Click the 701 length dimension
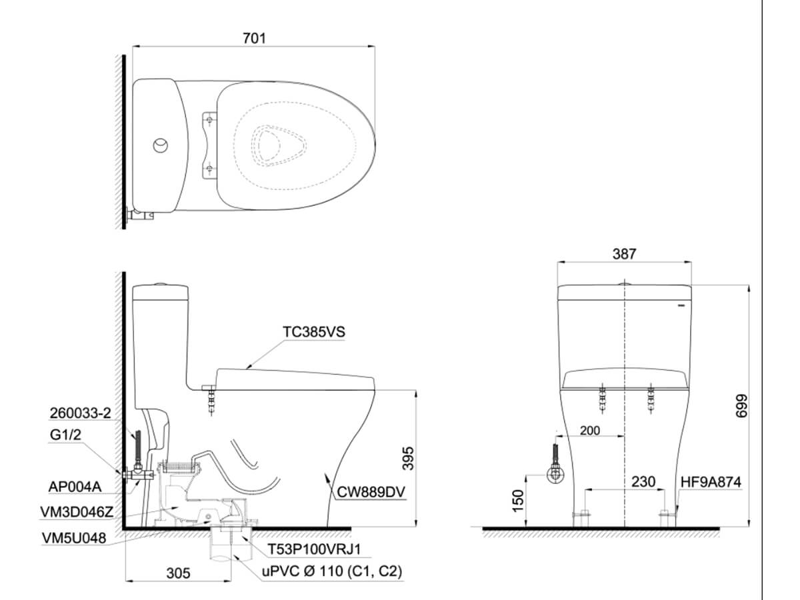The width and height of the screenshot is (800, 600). pyautogui.click(x=255, y=38)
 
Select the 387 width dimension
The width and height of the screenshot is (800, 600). pyautogui.click(x=624, y=254)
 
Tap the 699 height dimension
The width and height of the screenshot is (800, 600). pyautogui.click(x=741, y=406)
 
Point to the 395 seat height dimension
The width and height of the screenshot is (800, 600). pyautogui.click(x=409, y=458)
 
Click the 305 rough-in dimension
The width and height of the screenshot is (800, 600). pyautogui.click(x=178, y=573)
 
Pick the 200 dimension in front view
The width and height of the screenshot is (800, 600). pyautogui.click(x=590, y=431)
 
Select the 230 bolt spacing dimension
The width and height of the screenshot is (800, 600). pyautogui.click(x=643, y=481)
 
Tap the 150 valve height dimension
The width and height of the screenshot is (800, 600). pyautogui.click(x=517, y=501)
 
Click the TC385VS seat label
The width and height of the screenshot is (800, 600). pyautogui.click(x=314, y=332)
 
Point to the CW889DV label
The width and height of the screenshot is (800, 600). pyautogui.click(x=371, y=492)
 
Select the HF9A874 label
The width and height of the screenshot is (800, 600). pyautogui.click(x=711, y=482)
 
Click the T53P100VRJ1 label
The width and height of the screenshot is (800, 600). pyautogui.click(x=314, y=549)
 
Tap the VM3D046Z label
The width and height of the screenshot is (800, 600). pyautogui.click(x=77, y=512)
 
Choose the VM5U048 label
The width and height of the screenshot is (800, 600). pyautogui.click(x=74, y=538)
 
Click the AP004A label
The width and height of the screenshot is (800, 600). pyautogui.click(x=75, y=487)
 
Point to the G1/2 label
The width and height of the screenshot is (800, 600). pyautogui.click(x=65, y=435)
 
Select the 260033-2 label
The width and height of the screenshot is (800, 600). pyautogui.click(x=80, y=413)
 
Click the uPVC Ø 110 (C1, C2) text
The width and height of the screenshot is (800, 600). pyautogui.click(x=331, y=571)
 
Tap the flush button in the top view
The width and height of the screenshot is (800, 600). pyautogui.click(x=161, y=145)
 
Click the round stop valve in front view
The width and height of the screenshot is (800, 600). pyautogui.click(x=555, y=474)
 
